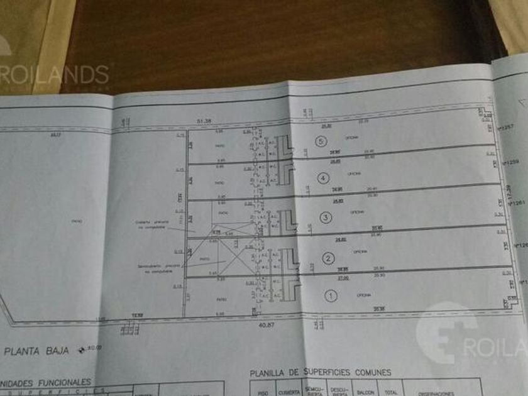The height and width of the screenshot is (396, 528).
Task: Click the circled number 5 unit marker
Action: (x=321, y=142)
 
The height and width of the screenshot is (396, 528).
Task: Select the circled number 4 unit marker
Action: (x=323, y=179)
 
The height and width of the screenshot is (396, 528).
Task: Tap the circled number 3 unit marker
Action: (x=326, y=217)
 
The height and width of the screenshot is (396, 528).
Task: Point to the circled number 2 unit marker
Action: (x=328, y=257)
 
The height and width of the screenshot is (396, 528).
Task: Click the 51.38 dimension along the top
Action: (x=202, y=121)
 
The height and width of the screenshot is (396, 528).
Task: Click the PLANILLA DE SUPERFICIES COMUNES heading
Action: (x=320, y=373)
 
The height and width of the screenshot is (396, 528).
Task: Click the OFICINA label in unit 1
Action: (x=363, y=295)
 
